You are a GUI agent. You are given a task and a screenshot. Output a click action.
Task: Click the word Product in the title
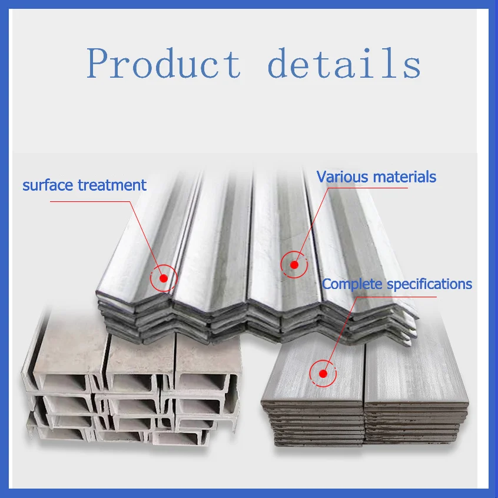(164, 64)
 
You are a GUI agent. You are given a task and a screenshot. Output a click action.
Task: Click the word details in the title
(344, 64)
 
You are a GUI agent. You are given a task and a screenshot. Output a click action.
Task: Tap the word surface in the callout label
(48, 185)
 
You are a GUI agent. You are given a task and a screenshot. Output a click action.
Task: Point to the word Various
(341, 176)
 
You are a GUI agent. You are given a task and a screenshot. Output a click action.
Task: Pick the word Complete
(352, 284)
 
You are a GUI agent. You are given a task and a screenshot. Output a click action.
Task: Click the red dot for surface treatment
(164, 278)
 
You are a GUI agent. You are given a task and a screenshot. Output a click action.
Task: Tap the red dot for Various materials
(294, 265)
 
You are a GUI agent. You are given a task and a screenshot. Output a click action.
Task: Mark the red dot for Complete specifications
(323, 373)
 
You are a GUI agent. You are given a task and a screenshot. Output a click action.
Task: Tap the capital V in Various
(323, 176)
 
